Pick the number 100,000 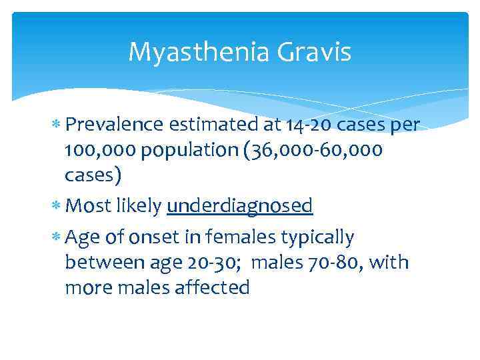(98, 150)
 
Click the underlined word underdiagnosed (239, 207)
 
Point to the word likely (139, 207)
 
